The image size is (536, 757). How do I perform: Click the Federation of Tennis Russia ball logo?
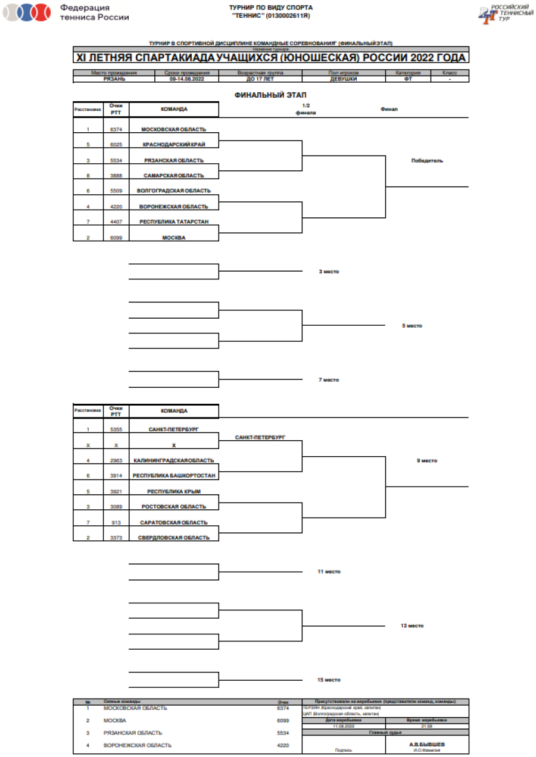[x=27, y=13]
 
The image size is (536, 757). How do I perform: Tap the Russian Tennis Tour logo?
[x=507, y=13]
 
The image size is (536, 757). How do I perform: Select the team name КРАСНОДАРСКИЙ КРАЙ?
[x=173, y=145]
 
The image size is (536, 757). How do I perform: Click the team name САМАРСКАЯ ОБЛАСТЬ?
[x=173, y=176]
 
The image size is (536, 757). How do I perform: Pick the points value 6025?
[x=116, y=145]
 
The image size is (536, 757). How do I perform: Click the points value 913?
[x=116, y=522]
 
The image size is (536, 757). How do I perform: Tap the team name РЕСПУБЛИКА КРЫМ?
[x=173, y=491]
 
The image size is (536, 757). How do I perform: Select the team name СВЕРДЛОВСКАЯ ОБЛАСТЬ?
[x=173, y=538]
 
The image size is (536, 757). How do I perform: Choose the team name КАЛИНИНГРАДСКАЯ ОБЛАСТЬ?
[x=173, y=460]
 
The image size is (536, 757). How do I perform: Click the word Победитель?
[x=426, y=161]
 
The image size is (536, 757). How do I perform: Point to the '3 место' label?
[x=329, y=272]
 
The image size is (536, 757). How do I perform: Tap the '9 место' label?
[x=426, y=460]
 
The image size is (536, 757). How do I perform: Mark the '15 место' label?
[x=329, y=680]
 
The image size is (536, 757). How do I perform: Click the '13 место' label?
[x=412, y=626]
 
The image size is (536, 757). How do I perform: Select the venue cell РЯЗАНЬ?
[x=114, y=79]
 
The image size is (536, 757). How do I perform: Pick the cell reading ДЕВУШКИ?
[x=344, y=79]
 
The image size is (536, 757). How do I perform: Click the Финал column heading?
[x=389, y=110]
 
